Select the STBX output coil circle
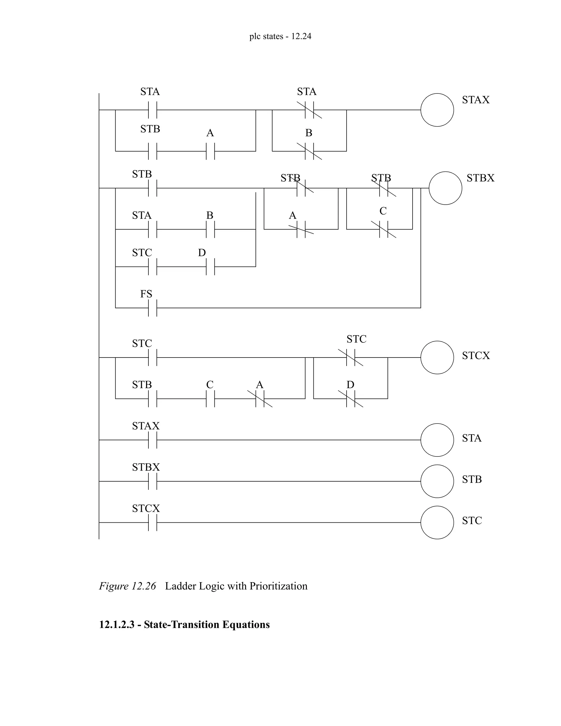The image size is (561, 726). click(445, 188)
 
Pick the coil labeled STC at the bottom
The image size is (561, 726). click(437, 522)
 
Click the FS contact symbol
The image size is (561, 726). click(153, 308)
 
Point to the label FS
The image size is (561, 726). click(146, 294)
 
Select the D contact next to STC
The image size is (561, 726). click(210, 267)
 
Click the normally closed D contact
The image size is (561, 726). click(351, 399)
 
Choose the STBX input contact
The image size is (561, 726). click(153, 481)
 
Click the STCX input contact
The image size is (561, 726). click(153, 522)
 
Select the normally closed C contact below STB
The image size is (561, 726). click(383, 229)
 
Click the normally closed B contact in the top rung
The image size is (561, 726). click(309, 151)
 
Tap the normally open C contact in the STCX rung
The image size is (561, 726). click(210, 399)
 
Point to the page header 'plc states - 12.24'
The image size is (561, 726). click(280, 36)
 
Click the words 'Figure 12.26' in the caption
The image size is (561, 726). click(127, 586)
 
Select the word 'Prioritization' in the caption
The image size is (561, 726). click(278, 586)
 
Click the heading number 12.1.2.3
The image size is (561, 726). click(116, 624)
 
